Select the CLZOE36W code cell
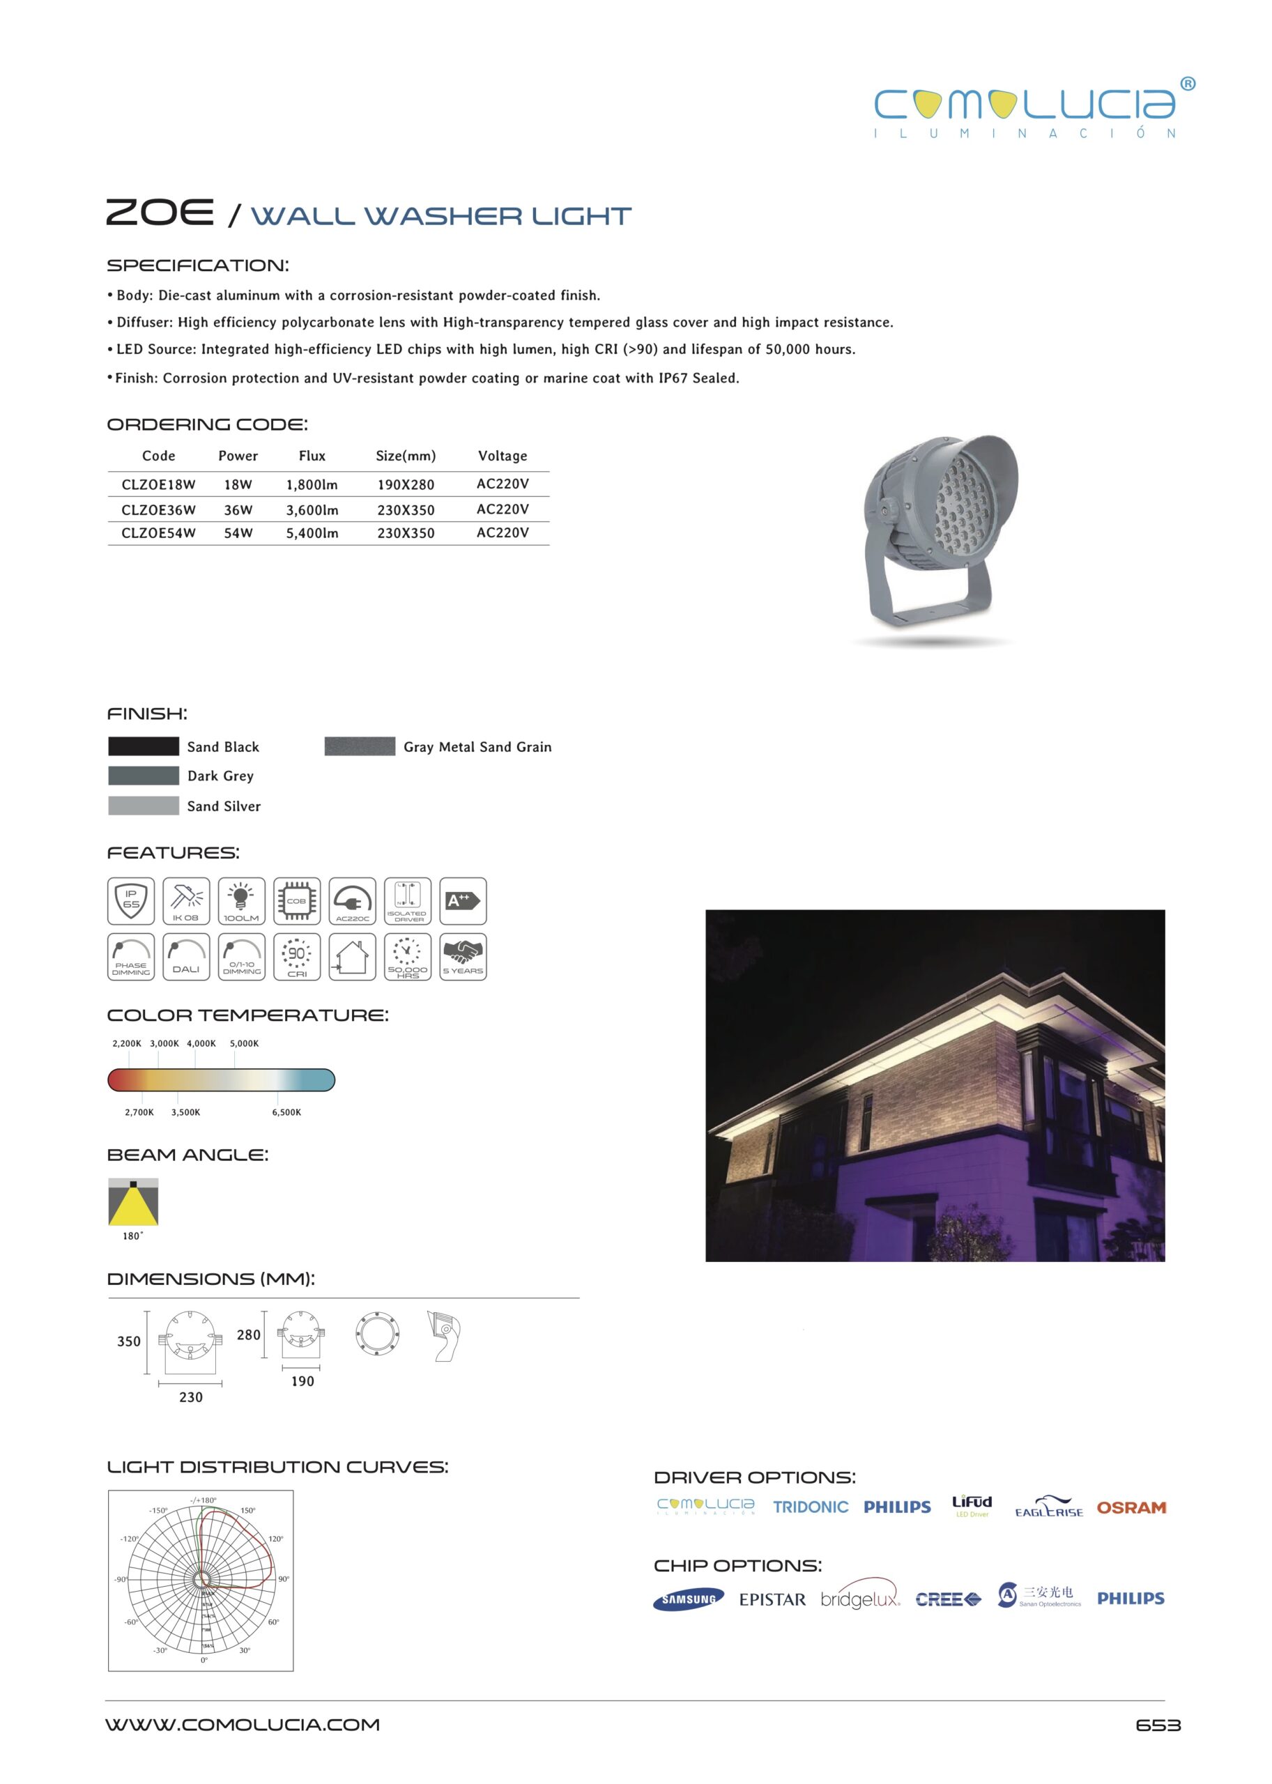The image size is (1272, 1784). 158,510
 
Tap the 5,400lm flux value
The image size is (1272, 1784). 312,533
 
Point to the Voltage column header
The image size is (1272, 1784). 502,456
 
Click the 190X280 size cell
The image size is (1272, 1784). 405,485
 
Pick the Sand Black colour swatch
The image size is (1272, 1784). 144,746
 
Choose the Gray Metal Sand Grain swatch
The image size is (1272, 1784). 360,746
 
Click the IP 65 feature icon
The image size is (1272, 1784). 131,900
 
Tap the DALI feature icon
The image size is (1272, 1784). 186,956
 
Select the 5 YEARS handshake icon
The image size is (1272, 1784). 463,956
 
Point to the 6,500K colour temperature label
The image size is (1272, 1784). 286,1112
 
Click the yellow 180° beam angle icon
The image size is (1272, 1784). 133,1202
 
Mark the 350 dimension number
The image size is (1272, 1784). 128,1341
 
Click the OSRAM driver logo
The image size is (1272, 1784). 1131,1507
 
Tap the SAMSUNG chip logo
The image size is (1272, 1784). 689,1599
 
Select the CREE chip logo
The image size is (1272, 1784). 947,1599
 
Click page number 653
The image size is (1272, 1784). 1158,1725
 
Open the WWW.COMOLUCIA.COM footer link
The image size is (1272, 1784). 243,1725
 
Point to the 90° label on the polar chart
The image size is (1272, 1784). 284,1579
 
